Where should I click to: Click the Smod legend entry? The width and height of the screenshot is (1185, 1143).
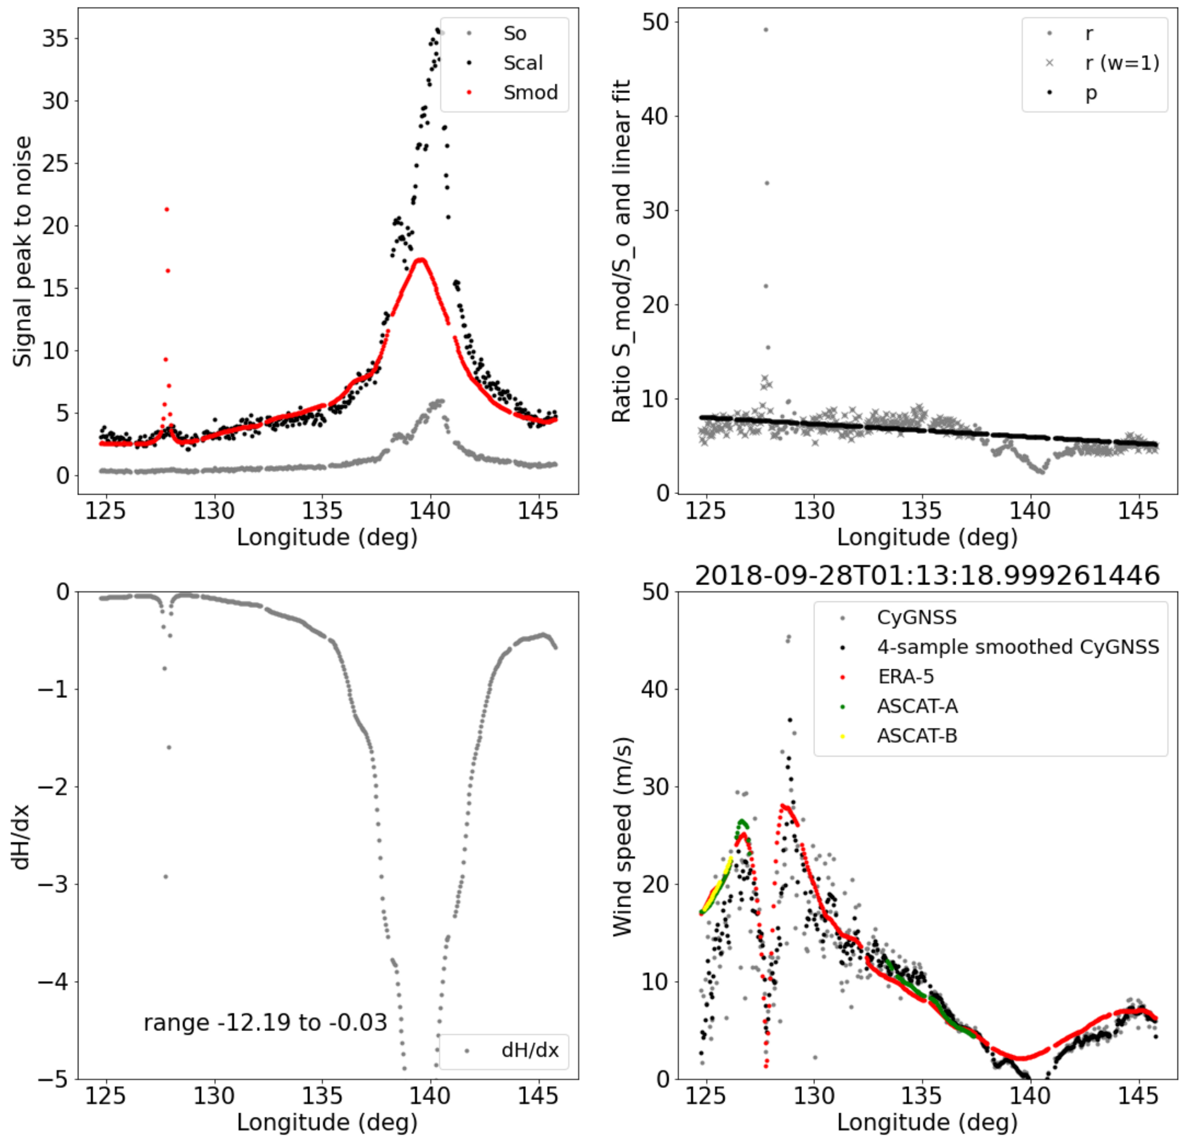tap(530, 93)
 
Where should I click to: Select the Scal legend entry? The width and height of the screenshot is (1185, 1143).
tap(522, 63)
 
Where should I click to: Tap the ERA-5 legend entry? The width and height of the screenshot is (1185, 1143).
tap(905, 677)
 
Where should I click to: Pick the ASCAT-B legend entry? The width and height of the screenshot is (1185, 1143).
tap(916, 736)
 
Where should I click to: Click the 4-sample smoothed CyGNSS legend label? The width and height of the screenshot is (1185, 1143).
tap(1017, 647)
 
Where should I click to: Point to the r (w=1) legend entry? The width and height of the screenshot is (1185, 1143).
tap(1122, 63)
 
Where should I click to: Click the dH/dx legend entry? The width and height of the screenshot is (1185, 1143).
tap(529, 1051)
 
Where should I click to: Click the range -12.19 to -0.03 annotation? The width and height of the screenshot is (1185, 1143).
tap(265, 1023)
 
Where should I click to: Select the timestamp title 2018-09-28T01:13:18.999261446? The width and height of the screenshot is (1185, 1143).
tap(927, 576)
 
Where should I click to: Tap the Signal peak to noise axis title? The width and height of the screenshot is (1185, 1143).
tap(22, 251)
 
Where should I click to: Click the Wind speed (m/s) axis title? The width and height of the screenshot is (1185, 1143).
tap(622, 836)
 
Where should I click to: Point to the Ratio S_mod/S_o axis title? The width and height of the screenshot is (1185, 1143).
tap(622, 251)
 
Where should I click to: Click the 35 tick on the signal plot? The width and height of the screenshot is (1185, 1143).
tap(55, 39)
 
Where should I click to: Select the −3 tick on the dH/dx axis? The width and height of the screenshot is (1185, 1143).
tap(53, 884)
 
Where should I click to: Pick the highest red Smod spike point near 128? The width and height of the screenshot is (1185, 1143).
tap(166, 209)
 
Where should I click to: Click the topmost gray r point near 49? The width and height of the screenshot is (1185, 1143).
tap(766, 30)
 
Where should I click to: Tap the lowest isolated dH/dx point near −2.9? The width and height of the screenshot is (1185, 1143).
tap(166, 877)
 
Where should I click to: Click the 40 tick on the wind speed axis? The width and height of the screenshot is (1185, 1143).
tap(655, 689)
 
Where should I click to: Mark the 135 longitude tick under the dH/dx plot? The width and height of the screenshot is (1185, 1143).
tap(322, 1096)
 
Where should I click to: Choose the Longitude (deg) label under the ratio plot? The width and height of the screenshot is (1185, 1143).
tap(927, 537)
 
